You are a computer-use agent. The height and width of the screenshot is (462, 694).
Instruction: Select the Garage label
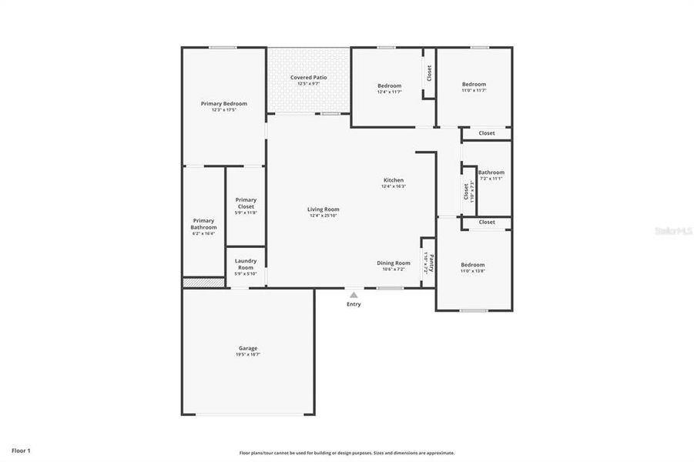(x=247, y=348)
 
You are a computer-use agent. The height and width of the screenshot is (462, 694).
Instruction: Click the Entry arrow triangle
(x=354, y=294)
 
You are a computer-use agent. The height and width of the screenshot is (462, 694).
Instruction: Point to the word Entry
(x=354, y=304)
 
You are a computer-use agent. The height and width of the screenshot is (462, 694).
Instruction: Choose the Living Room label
(x=324, y=209)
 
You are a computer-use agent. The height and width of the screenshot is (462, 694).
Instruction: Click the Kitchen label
(x=394, y=180)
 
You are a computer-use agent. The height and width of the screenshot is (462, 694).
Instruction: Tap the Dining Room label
(x=393, y=263)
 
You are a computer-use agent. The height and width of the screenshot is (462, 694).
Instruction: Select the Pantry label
(x=431, y=263)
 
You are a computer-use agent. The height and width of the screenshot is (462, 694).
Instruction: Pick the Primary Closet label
(x=246, y=203)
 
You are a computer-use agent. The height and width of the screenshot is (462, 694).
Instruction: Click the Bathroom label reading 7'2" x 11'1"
(x=491, y=172)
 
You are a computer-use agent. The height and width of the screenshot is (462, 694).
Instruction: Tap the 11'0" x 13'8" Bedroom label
(x=472, y=265)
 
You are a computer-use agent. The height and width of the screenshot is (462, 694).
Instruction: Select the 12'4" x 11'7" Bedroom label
(x=389, y=85)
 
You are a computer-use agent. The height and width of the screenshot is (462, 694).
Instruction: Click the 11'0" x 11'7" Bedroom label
(x=474, y=85)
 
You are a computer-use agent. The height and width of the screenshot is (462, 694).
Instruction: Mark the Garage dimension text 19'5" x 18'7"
(x=247, y=355)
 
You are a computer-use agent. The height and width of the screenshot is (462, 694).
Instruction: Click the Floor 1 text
(x=21, y=450)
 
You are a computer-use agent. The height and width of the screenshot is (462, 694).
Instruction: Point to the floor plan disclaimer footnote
(x=347, y=453)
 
